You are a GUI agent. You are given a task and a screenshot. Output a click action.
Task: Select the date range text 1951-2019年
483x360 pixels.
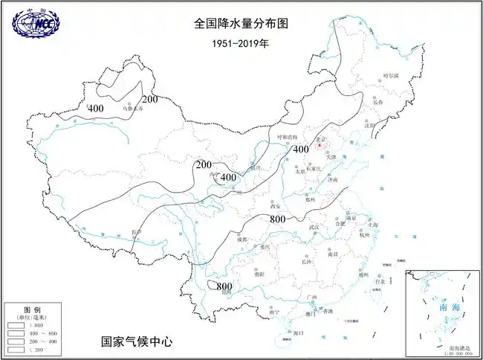[x=239, y=42]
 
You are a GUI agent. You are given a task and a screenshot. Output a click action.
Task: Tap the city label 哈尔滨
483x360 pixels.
[x=391, y=76]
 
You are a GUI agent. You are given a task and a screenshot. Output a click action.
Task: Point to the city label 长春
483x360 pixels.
[x=380, y=102]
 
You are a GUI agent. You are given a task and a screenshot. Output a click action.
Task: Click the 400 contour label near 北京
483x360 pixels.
[x=300, y=150]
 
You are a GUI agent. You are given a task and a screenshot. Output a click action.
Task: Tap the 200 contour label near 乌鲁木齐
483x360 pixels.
[x=150, y=99]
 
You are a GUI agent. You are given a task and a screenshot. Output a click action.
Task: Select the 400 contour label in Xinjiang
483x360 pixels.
[x=96, y=109]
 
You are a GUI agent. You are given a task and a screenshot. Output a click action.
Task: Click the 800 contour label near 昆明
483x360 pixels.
[x=224, y=286]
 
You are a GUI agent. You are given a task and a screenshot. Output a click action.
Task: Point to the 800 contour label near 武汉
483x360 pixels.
[x=277, y=219]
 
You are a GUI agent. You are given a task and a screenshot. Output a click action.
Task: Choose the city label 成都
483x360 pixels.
[x=241, y=240]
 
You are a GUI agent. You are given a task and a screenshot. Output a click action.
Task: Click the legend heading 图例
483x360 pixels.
[x=31, y=308]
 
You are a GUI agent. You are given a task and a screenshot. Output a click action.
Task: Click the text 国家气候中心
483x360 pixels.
[x=137, y=341]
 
